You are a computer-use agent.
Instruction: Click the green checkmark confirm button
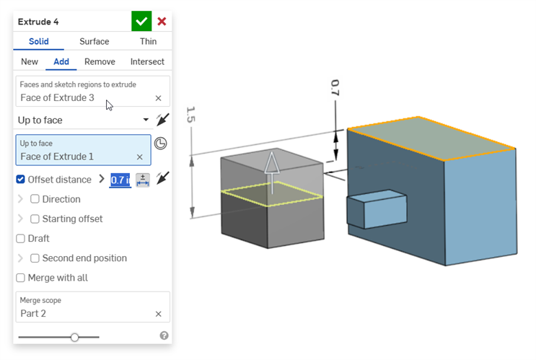coord(141,21)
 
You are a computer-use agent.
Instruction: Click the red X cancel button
coord(162,22)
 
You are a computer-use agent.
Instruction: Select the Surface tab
coord(95,42)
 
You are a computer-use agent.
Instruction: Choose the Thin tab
coord(148,42)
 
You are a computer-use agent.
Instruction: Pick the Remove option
coord(100,62)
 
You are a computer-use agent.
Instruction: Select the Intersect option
coord(147,62)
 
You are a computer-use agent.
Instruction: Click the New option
coord(30,62)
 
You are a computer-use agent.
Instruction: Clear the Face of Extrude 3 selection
coord(158,97)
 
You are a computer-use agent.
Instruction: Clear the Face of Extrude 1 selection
coord(140,157)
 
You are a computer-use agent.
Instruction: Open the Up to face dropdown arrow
coord(146,120)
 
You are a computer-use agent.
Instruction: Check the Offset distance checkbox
coord(21,180)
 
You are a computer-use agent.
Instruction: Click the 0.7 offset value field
coord(120,180)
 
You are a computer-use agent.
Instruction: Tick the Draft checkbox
coord(21,238)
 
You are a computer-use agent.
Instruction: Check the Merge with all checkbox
coord(21,278)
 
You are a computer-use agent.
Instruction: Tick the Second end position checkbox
coord(35,258)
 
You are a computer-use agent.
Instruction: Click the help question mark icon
coord(164,335)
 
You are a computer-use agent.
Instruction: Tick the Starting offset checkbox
coord(35,219)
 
